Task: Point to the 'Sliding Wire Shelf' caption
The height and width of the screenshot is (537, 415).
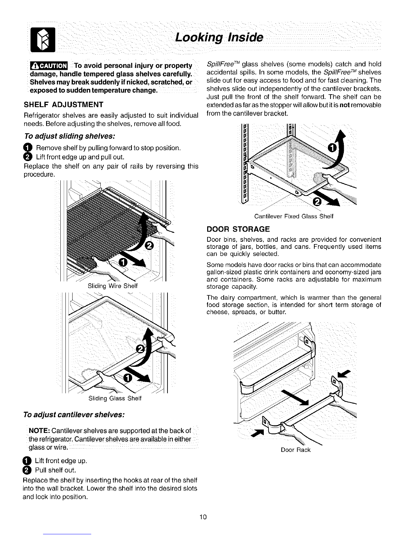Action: [x=113, y=286]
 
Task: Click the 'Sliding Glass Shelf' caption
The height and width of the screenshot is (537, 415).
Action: [x=114, y=398]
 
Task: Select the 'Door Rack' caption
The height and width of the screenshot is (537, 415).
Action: [x=296, y=450]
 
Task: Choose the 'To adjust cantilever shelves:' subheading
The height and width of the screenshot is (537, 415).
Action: [x=73, y=415]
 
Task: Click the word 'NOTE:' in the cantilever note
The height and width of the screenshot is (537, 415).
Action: [x=40, y=431]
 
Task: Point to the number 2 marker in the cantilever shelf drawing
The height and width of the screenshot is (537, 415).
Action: [x=317, y=202]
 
